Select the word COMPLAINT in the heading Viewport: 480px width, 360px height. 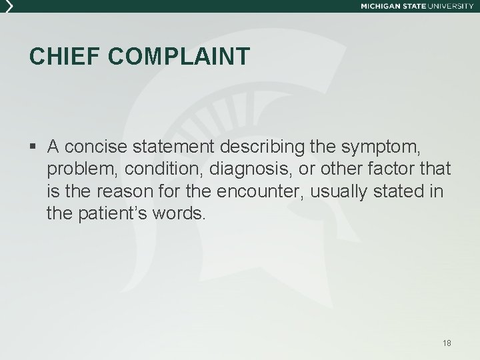[x=179, y=57]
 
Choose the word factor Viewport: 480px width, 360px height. [x=385, y=169]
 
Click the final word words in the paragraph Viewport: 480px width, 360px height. [x=180, y=214]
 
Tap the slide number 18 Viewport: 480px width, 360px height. [x=447, y=343]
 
